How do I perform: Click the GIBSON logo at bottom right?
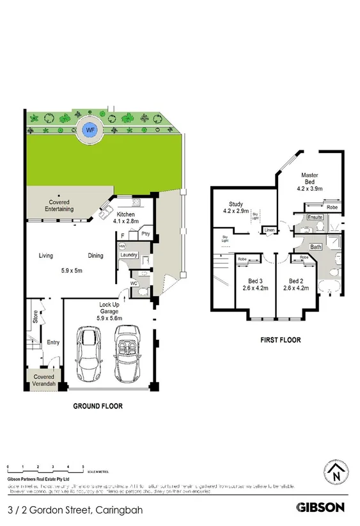point(321,507)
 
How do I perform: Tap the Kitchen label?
point(126,216)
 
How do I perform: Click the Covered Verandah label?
point(44,381)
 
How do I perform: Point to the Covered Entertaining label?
point(58,205)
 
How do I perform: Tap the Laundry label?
point(129,255)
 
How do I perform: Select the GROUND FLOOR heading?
point(98,406)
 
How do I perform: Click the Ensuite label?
point(315,218)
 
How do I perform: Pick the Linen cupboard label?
point(269,230)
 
